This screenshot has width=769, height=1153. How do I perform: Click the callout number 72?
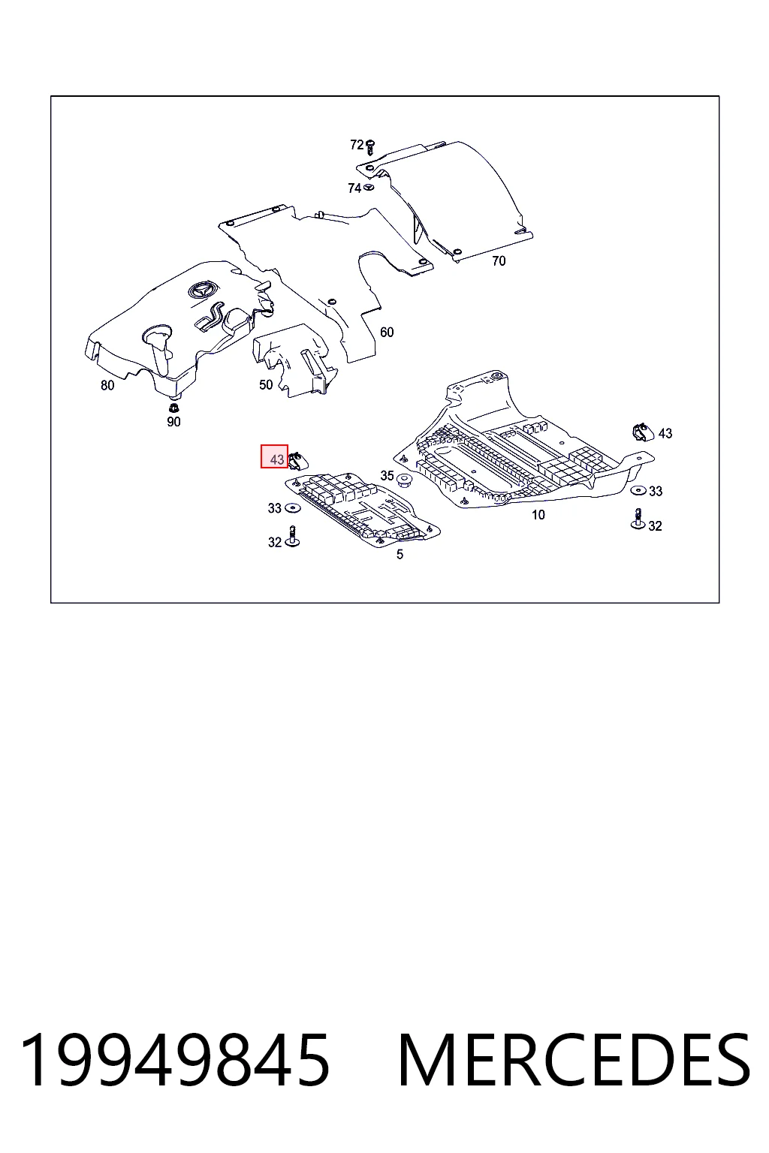coord(357,145)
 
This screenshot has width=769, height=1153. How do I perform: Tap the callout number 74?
coord(354,188)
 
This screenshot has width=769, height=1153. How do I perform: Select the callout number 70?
coord(499,261)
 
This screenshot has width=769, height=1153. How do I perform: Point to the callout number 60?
coord(387,333)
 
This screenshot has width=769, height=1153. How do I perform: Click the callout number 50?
coord(266,385)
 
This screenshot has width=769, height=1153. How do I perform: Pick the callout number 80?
coord(107,386)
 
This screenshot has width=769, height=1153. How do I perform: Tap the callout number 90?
coord(173,422)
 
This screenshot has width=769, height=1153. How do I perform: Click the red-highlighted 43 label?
coord(275,456)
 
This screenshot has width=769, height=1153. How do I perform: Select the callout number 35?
coord(387,476)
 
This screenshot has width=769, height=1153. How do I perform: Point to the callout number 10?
coord(538,515)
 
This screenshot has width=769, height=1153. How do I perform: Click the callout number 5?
coord(400,555)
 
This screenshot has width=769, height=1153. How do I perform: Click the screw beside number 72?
coord(370,147)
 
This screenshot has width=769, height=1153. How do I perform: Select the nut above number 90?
coord(173,408)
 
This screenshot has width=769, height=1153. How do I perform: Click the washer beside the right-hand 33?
coord(638,490)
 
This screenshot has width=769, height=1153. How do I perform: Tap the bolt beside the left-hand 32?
coord(293,536)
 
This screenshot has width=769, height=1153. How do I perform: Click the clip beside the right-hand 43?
coord(642,432)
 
